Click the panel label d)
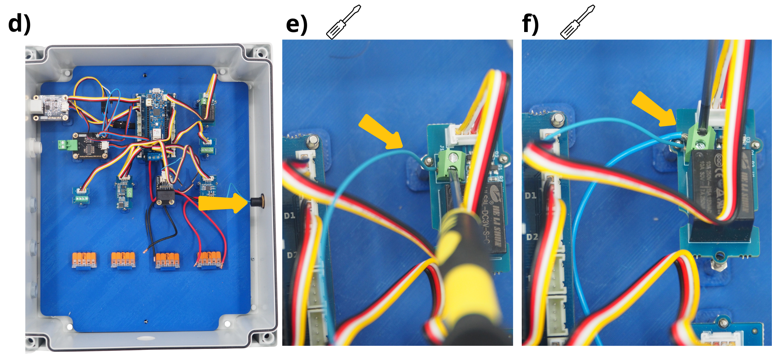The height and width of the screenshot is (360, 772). click(19, 24)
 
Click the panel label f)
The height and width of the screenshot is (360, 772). click(530, 24)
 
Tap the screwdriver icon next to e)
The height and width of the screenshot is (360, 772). click(343, 23)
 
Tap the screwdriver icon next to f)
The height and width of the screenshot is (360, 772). click(578, 23)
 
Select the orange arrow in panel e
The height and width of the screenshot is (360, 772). click(380, 132)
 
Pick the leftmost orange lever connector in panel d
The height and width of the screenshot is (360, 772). click(84, 260)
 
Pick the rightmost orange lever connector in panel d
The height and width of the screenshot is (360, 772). click(210, 260)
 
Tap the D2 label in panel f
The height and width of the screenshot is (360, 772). click(532, 237)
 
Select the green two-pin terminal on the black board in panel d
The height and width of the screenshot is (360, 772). click(63, 145)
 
